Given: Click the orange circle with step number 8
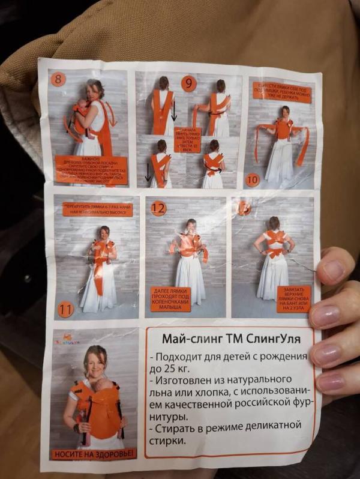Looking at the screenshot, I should pos(58,79).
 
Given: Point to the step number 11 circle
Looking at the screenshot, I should pos(66,310).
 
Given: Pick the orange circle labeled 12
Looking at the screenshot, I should pos(158,209).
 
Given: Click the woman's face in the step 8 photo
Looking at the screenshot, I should pos(96,90).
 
